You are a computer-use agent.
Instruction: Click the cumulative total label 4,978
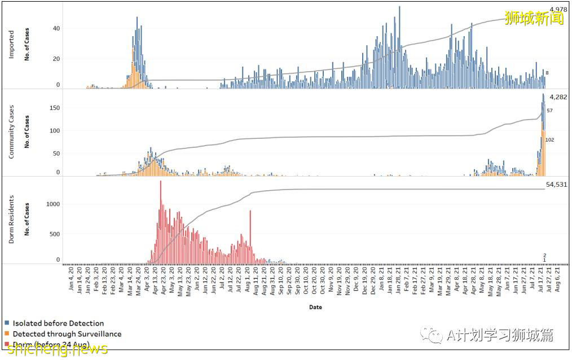coord(558,10)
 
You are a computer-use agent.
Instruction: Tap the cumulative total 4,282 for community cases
coord(558,97)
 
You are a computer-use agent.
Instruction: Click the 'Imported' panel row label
coord(12,45)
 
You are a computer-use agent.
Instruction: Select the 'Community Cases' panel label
coord(12,131)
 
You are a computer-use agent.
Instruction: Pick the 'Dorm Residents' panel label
coord(12,219)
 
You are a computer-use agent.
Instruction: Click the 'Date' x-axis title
coord(315,308)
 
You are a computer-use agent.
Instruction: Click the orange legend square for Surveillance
coord(7,333)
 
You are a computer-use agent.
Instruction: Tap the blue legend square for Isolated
coord(7,323)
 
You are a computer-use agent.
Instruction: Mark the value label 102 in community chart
coord(549,140)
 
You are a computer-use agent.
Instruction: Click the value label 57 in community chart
coord(549,111)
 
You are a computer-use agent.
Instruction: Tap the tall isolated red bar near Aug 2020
coord(250,237)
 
